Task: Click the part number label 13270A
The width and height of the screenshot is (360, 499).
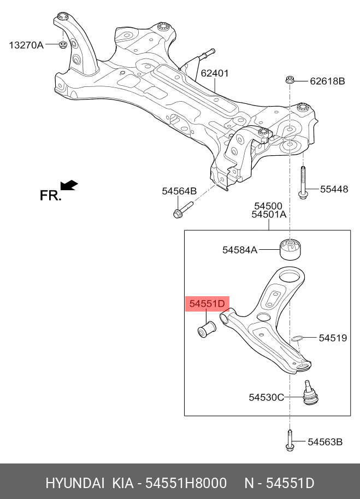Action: click(x=26, y=45)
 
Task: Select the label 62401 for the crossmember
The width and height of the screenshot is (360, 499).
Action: click(x=214, y=73)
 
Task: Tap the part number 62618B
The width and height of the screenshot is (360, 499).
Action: click(x=327, y=81)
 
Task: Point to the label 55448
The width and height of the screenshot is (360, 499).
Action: click(x=334, y=190)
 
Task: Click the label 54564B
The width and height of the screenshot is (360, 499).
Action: click(x=179, y=191)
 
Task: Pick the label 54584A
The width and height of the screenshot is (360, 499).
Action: click(x=239, y=250)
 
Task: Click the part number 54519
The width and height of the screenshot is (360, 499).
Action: click(x=333, y=338)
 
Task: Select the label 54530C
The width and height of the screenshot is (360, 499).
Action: click(x=266, y=397)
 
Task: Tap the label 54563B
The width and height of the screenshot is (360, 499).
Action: click(x=324, y=442)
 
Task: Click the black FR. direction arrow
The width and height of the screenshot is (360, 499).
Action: click(x=69, y=186)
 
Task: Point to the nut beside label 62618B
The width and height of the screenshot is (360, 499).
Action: click(x=291, y=81)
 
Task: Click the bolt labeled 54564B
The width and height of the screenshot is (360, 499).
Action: click(x=182, y=210)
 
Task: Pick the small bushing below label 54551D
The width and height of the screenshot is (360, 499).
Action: click(x=206, y=329)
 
